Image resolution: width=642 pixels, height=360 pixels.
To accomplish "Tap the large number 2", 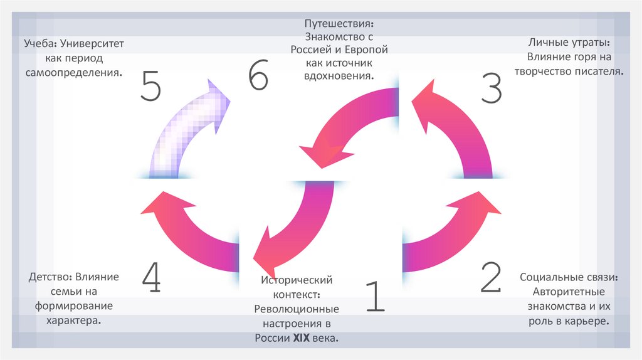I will [x=491, y=277].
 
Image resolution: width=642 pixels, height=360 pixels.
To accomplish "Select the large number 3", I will [x=492, y=87].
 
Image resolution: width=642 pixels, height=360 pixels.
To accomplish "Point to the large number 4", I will [x=151, y=278].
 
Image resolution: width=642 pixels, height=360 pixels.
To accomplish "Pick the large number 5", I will [x=152, y=85].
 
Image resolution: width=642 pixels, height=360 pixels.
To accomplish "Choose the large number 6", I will [x=258, y=77].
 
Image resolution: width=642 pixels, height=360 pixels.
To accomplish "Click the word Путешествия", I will [x=339, y=24].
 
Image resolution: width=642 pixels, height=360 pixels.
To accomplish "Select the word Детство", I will [x=50, y=277].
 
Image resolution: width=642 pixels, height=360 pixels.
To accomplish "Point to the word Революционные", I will [x=297, y=309].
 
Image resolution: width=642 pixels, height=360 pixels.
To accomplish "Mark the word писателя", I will [x=599, y=71].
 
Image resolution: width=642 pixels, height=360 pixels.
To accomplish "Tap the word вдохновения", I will [x=340, y=76].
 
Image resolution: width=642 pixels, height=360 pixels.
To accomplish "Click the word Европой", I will [x=366, y=50].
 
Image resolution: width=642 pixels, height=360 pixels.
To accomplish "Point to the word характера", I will [x=73, y=320].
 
